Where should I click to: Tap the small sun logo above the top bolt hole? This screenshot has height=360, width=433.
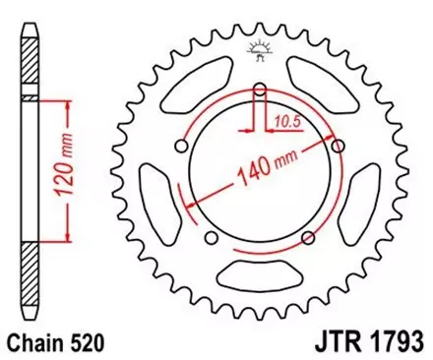coord(261,52)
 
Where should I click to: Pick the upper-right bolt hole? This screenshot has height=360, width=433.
coord(337,146)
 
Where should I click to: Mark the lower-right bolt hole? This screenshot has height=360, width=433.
coord(308,236)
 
